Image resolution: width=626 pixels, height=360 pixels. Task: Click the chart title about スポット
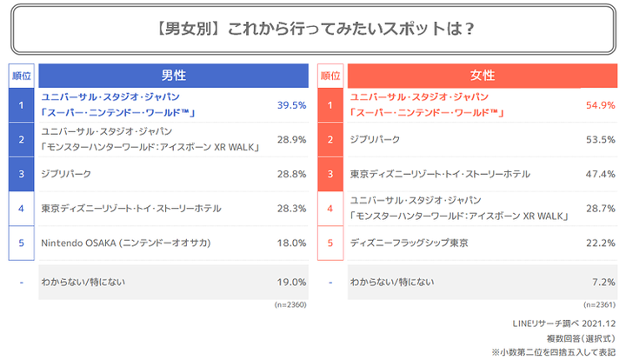313,29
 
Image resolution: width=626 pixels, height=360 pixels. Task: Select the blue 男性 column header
174,76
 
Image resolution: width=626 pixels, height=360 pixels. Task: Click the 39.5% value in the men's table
291,105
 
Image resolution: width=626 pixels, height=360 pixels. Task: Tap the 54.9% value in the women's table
600,105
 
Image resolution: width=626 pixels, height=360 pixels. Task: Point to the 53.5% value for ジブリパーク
600,139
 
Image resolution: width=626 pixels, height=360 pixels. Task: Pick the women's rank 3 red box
330,174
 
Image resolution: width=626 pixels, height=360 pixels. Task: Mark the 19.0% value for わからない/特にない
291,283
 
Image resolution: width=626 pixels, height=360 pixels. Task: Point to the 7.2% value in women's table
603,283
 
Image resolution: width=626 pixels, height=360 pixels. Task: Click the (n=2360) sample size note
291,305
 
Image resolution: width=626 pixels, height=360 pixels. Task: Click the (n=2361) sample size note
600,305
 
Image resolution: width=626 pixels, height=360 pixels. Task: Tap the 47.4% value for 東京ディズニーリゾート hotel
600,174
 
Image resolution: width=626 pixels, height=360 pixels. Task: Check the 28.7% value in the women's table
600,209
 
